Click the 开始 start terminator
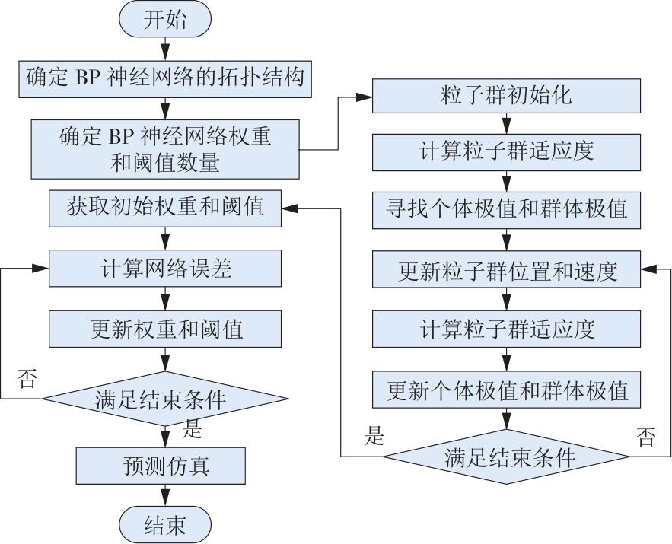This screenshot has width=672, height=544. pos(165,19)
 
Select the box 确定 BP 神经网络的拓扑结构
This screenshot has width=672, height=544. pos(165,79)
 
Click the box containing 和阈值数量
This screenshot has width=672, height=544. pos(165,149)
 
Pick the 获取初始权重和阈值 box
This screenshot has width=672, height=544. pos(165,208)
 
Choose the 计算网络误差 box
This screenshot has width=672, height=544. pos(165,269)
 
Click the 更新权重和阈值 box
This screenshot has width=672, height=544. pos(165,329)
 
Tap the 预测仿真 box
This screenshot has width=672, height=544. pos(161,466)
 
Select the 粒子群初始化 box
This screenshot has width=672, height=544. pos(506,96)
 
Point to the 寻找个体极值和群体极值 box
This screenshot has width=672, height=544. pos(506,210)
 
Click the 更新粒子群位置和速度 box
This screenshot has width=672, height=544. pos(506,269)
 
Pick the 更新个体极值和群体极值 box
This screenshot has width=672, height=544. pos(506,390)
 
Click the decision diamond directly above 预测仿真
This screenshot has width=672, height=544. pos(165,399)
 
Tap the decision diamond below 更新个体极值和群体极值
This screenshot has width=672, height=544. pos(506,457)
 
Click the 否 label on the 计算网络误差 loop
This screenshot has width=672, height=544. pos(27,379)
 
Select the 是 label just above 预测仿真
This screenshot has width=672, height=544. pos(192,429)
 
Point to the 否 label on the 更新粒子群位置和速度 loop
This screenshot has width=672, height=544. pos(646,437)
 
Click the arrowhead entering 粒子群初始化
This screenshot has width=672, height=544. pos(365,97)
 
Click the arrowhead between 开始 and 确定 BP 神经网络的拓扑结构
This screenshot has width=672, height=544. pos(165,53)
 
